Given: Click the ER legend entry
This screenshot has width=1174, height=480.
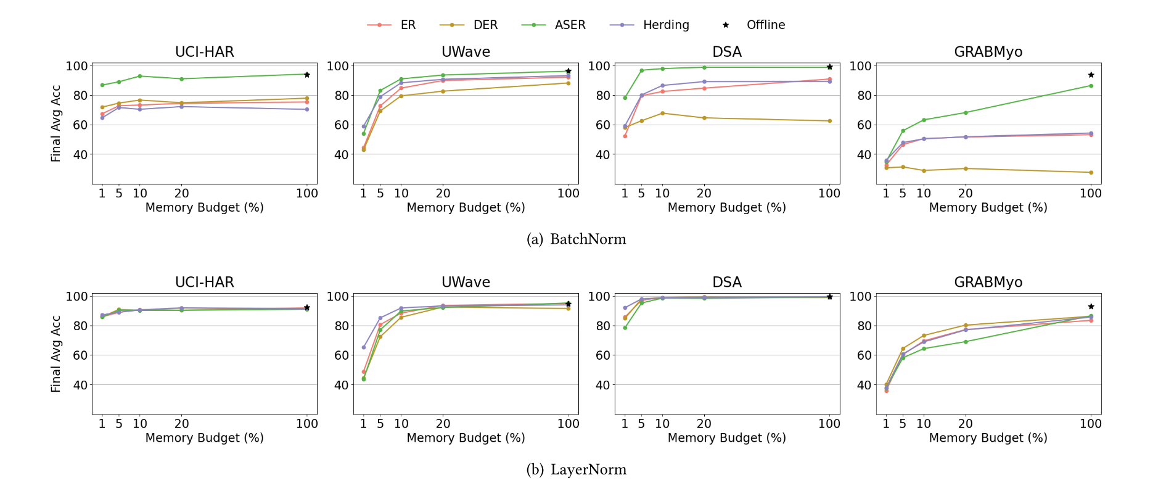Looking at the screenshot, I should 392,25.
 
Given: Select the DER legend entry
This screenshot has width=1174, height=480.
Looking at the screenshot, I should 469,25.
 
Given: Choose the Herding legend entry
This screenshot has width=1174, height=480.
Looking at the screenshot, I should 650,25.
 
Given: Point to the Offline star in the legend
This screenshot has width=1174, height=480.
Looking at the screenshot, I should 726,25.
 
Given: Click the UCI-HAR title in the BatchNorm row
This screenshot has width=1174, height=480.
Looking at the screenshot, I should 204,52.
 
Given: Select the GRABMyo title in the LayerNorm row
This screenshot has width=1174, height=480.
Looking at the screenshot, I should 988,282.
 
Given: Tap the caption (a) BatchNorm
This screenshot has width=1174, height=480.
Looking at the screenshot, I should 576,239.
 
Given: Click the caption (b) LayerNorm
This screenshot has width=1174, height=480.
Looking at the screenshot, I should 576,470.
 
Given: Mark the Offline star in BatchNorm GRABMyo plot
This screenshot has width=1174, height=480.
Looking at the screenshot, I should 1091,75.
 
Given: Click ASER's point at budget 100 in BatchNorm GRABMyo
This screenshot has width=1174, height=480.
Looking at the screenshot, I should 1091,86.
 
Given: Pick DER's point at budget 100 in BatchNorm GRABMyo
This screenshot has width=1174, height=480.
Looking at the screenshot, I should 1091,172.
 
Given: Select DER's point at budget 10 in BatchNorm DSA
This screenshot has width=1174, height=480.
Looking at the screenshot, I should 663,113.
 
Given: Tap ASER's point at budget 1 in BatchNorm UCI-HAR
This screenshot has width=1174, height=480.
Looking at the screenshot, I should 102,85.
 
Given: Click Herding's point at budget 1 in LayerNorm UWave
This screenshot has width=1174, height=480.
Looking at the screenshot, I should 364,347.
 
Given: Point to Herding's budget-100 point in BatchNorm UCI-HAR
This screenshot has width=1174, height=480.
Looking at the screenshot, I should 307,109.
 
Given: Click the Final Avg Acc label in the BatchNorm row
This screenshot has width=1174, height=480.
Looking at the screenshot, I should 56,123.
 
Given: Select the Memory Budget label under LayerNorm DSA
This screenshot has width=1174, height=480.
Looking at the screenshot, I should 726,438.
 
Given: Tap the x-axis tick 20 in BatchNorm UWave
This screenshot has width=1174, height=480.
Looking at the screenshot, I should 443,193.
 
